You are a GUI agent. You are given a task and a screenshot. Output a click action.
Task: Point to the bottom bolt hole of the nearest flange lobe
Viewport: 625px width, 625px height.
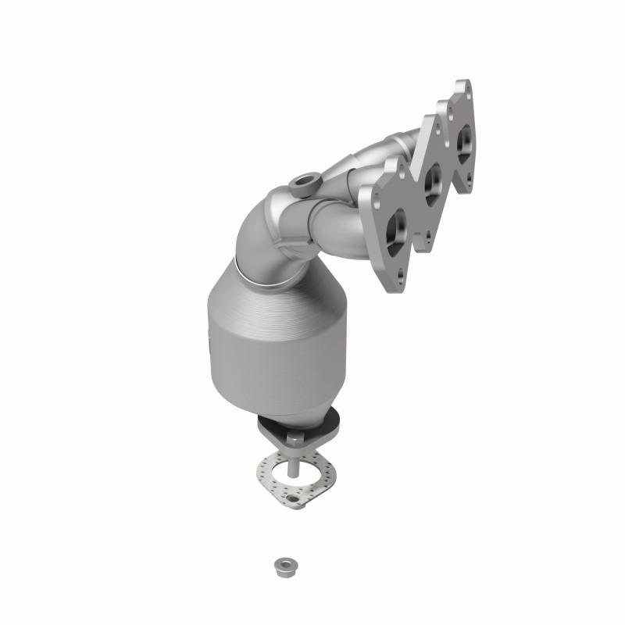point(402,273)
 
